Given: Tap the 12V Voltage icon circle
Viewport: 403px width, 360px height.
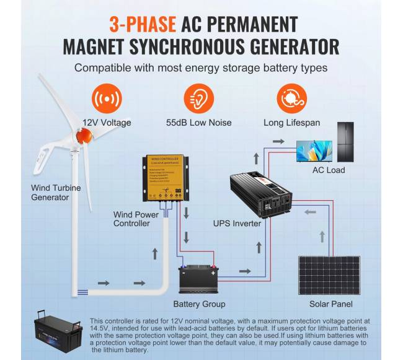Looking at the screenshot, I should coord(107,99).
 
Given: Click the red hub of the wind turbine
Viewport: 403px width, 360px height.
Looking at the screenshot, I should coord(81,134).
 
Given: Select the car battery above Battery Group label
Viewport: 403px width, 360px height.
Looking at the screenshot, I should coord(199,278).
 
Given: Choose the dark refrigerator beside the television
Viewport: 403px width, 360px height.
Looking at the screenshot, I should coord(347,141).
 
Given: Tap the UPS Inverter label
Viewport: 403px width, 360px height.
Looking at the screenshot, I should coord(237,223).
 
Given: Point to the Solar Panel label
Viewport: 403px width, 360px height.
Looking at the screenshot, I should coord(331,304).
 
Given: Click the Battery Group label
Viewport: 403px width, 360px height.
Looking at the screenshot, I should coord(200,304).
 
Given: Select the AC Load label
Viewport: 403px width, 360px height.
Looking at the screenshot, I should coord(329,170).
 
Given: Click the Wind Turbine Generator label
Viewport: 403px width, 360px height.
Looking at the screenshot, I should coord(56,193).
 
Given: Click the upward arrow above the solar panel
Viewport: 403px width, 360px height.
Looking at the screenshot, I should coord(322,236).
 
